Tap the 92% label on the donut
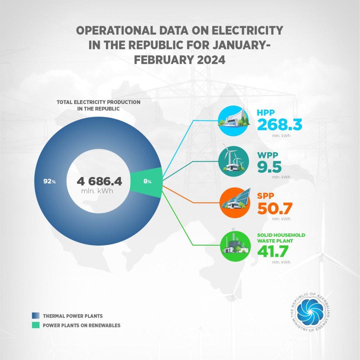click(49, 182)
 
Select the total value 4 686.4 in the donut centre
click(100, 181)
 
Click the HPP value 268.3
click(280, 125)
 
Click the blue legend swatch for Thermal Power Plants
click(36, 315)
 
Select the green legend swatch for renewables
click(36, 325)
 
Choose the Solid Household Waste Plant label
click(281, 237)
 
